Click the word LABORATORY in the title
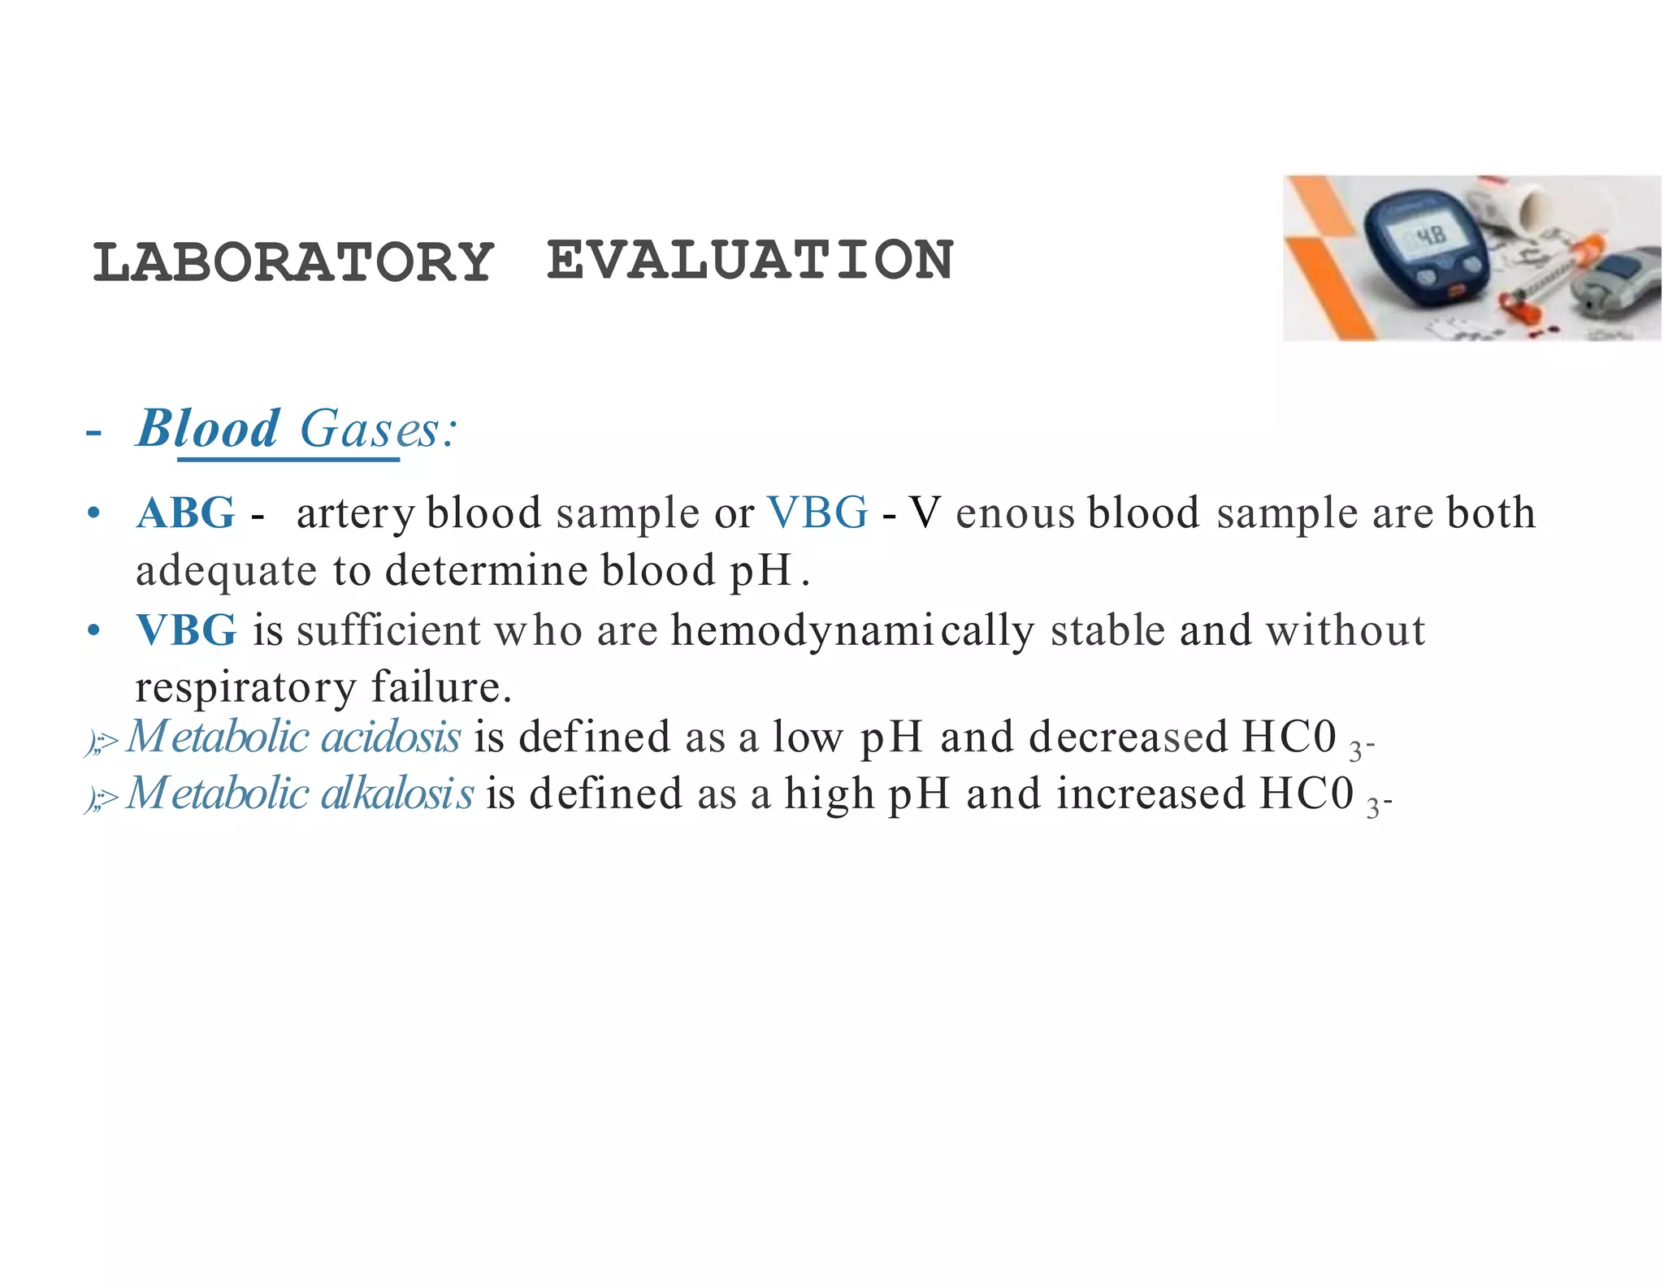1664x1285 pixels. coord(293,262)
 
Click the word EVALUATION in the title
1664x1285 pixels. coord(749,261)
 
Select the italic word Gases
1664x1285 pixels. coord(370,429)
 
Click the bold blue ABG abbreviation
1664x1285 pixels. coord(186,513)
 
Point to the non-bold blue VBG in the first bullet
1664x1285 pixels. coord(817,513)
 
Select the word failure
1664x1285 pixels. coord(441,687)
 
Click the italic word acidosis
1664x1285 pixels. coord(392,737)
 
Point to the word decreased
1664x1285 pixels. coord(1128,737)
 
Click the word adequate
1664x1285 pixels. coord(226,570)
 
